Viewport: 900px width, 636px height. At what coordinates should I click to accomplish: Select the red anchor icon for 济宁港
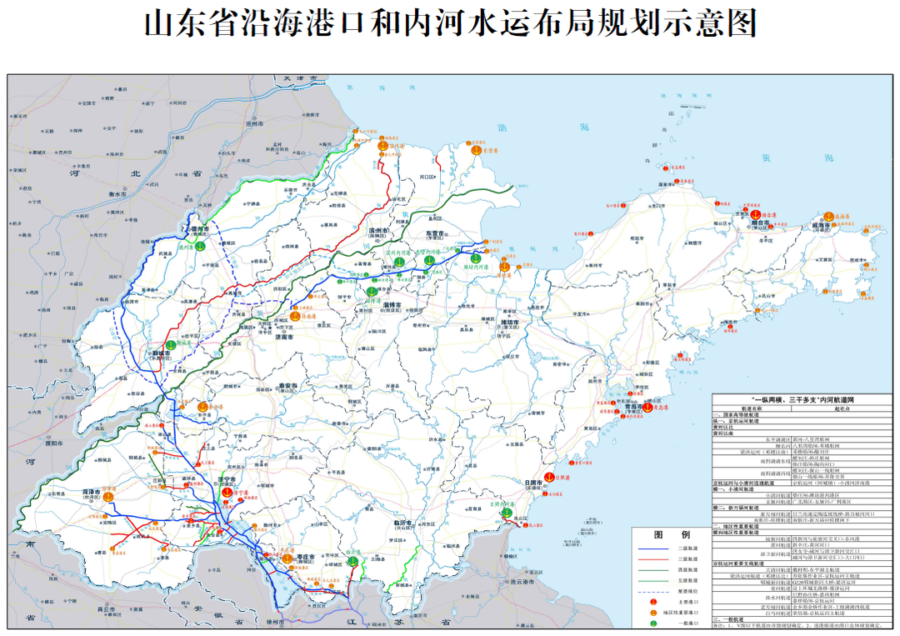coord(227,492)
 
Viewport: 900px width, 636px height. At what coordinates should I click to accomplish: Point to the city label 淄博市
coord(392,306)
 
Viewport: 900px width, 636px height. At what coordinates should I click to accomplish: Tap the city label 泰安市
coord(288,385)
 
